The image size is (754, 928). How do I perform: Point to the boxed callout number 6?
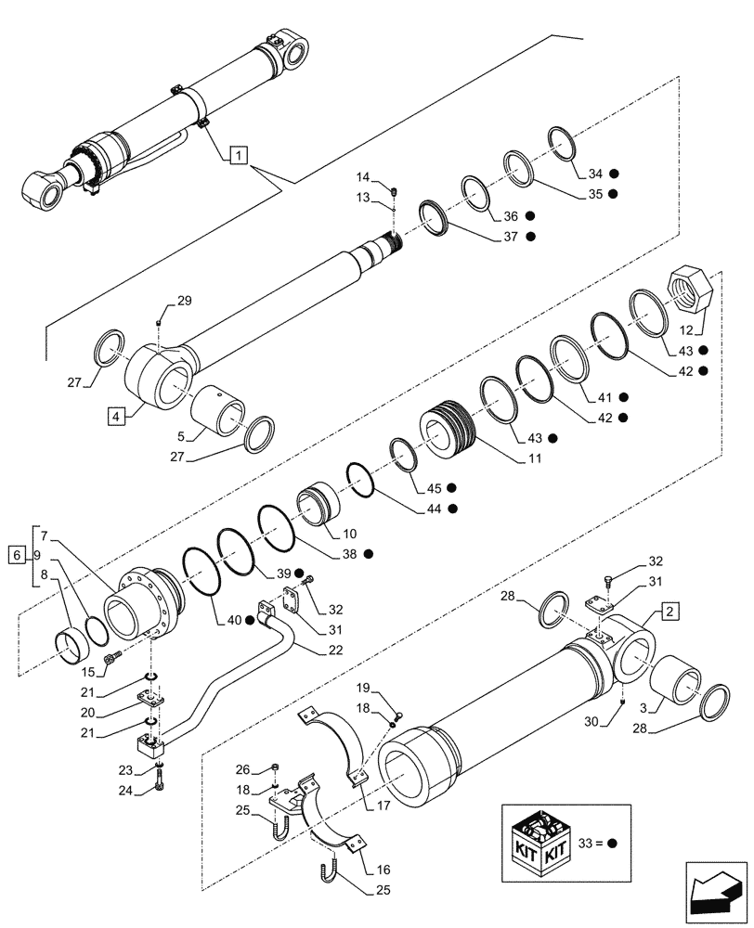(x=15, y=555)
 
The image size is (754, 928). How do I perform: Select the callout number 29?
(x=184, y=302)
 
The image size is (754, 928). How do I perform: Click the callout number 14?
(x=363, y=176)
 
